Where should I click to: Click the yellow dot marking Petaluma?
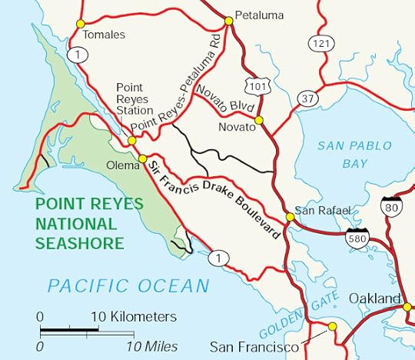pyautogui.click(x=228, y=19)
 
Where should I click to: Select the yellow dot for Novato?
pyautogui.click(x=259, y=120)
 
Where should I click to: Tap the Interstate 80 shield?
pyautogui.click(x=390, y=206)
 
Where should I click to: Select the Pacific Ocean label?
pyautogui.click(x=128, y=286)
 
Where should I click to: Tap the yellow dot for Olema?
pyautogui.click(x=141, y=158)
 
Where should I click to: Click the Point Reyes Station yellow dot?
pyautogui.click(x=132, y=141)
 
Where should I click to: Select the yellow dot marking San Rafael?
pyautogui.click(x=290, y=218)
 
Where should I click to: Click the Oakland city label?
pyautogui.click(x=374, y=298)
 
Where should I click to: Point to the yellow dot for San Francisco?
pyautogui.click(x=332, y=327)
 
